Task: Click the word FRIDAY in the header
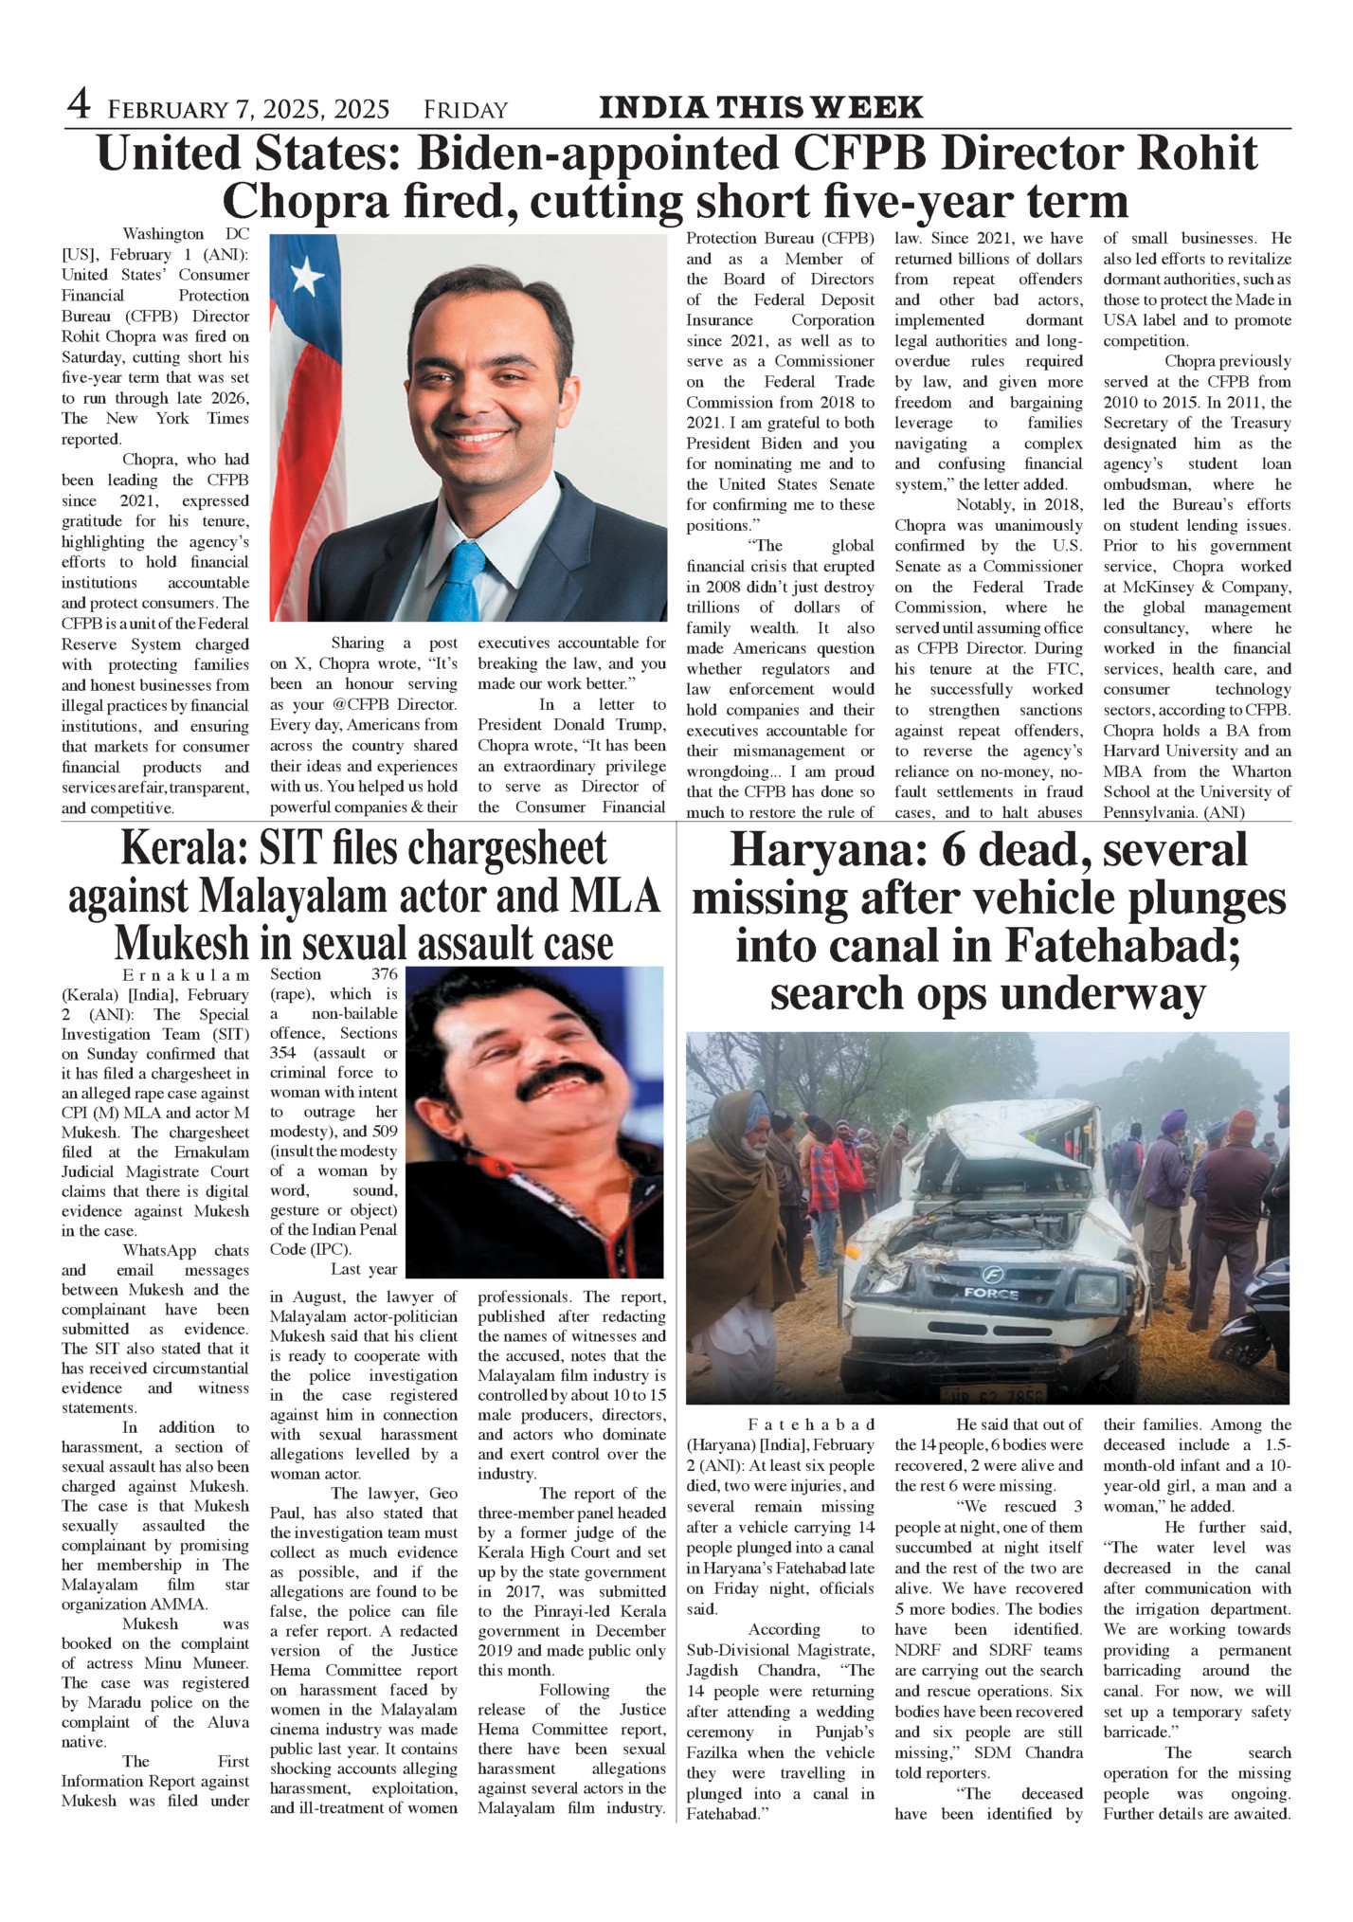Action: (465, 110)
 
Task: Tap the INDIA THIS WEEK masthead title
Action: (761, 108)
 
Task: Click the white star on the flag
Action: (306, 276)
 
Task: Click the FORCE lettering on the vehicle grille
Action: (991, 1293)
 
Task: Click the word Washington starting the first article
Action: (163, 234)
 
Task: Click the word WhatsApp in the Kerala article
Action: (159, 1251)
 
